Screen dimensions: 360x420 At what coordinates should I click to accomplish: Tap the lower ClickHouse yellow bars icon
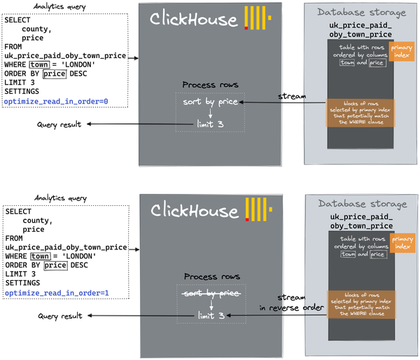(258, 209)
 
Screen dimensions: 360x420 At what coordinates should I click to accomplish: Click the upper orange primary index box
(402, 50)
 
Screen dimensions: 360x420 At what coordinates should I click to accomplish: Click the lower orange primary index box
(402, 242)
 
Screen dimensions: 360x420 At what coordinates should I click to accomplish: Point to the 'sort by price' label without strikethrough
(209, 103)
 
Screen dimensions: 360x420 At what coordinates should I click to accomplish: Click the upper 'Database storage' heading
(360, 13)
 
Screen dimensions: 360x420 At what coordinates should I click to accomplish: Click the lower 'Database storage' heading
(360, 204)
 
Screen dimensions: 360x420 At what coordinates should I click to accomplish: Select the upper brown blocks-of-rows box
(360, 113)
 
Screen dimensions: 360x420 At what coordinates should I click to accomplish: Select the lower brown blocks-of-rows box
(360, 305)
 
